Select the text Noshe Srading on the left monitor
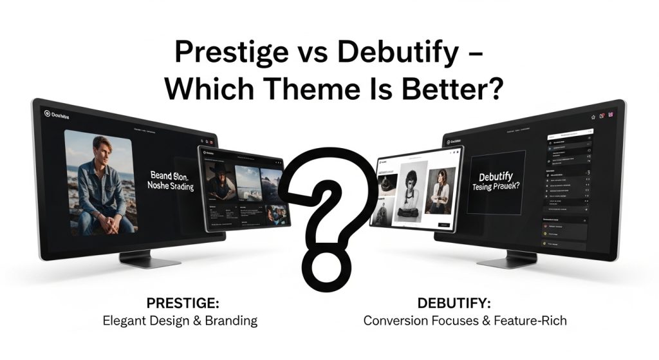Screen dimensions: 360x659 point(172,187)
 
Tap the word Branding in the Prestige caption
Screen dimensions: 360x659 point(230,320)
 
